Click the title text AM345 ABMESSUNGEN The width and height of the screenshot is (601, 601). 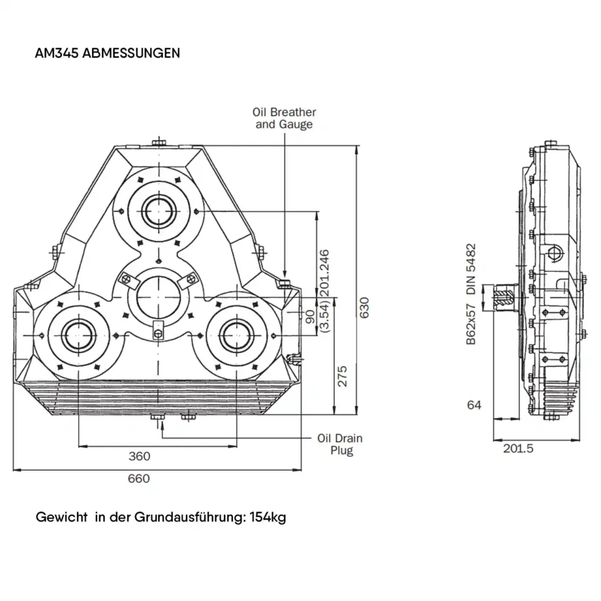pos(108,53)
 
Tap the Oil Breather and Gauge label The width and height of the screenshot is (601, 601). pos(284,118)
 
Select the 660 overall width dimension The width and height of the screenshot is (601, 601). pos(139,479)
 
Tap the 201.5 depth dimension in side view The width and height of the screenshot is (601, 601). pos(518,449)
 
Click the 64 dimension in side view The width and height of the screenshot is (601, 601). pos(474,405)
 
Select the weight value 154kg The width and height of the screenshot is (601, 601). pos(267,518)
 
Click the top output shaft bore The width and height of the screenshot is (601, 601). pos(158,210)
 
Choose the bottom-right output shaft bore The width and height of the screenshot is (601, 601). pos(238,332)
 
